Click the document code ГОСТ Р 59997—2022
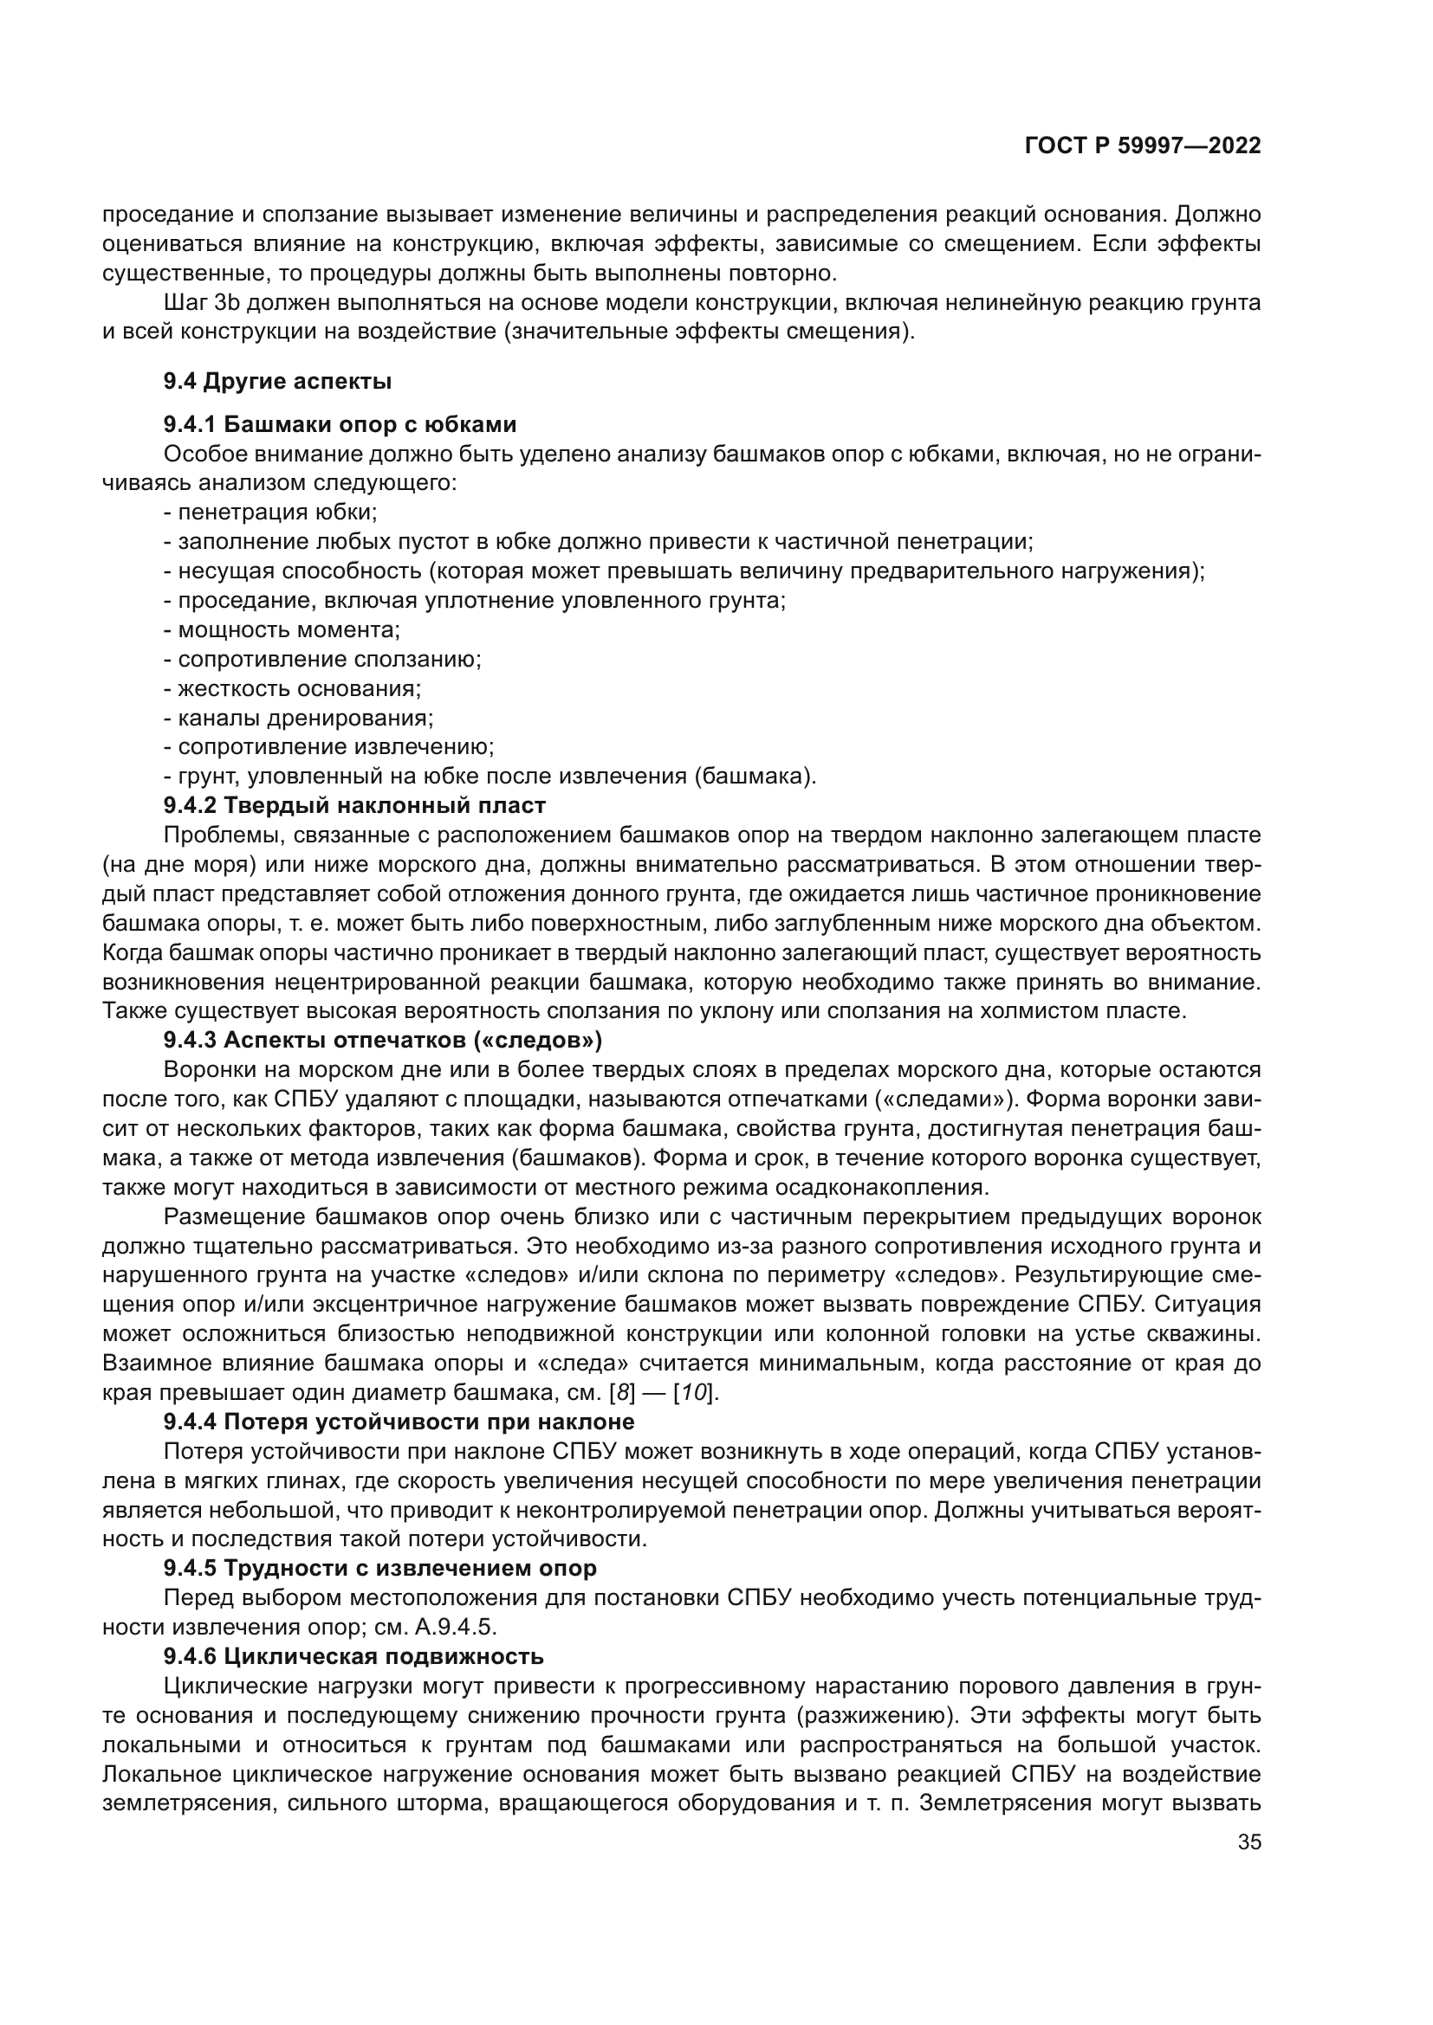point(1142,146)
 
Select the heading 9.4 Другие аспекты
point(277,381)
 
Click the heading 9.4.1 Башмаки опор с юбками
point(340,424)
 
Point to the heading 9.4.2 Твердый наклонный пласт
point(353,805)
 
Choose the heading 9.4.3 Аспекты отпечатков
point(382,1040)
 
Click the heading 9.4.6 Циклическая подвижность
point(353,1655)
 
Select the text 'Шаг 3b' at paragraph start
point(202,303)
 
